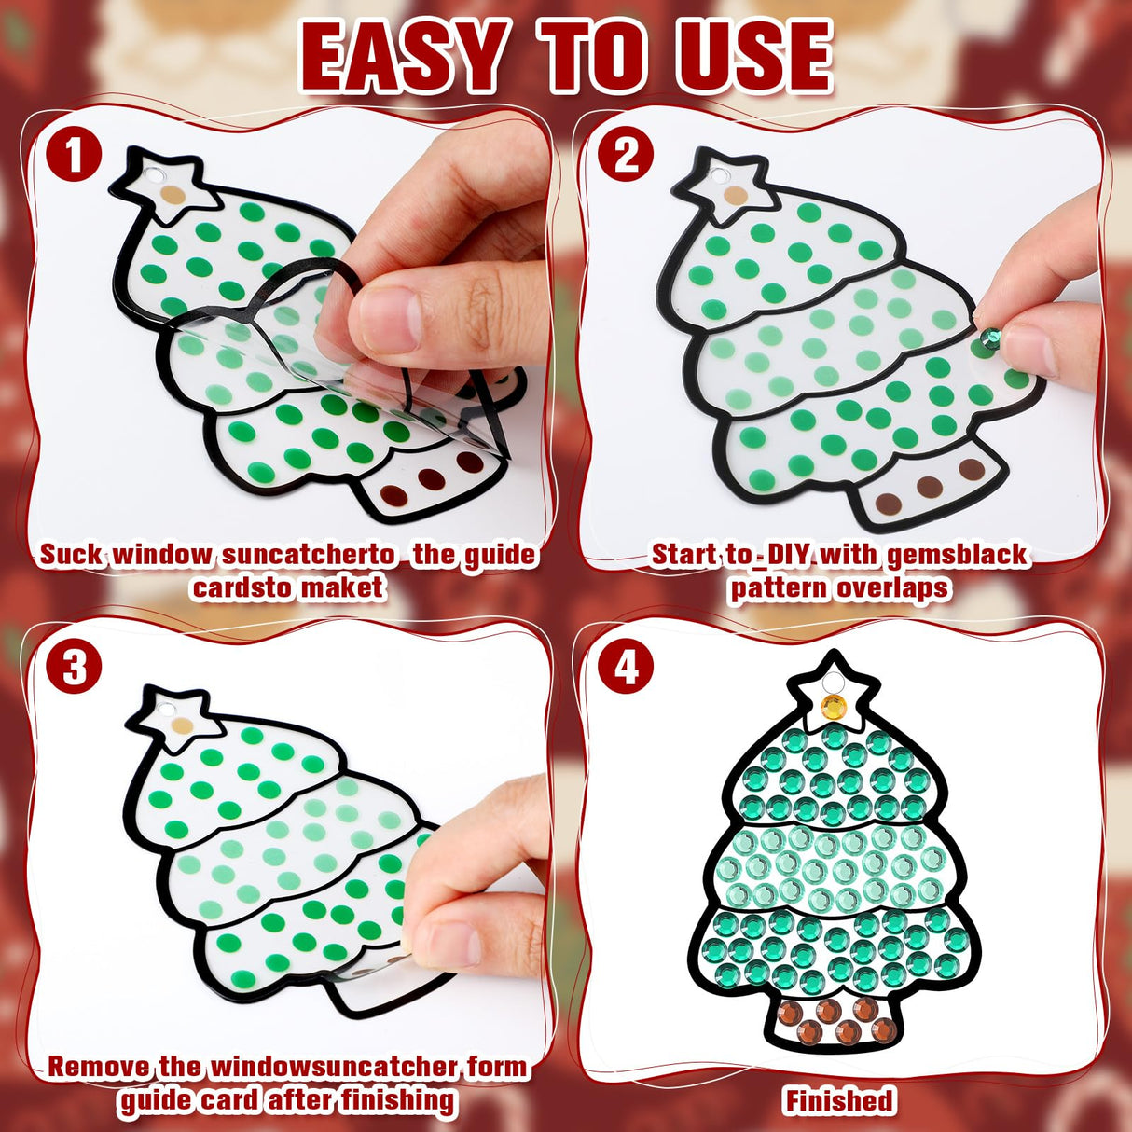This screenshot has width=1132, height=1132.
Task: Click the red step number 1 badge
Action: (74, 155)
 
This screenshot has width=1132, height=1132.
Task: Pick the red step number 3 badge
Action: (74, 668)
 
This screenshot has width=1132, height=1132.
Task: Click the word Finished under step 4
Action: (839, 1100)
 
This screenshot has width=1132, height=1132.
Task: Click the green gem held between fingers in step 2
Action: (991, 338)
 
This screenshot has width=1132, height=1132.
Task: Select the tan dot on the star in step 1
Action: (173, 195)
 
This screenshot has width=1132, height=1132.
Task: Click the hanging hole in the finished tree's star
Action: (833, 683)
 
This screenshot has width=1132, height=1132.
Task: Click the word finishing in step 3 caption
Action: (398, 1100)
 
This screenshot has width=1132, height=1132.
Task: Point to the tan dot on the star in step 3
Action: (182, 726)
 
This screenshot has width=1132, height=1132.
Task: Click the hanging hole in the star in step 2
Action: (718, 175)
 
